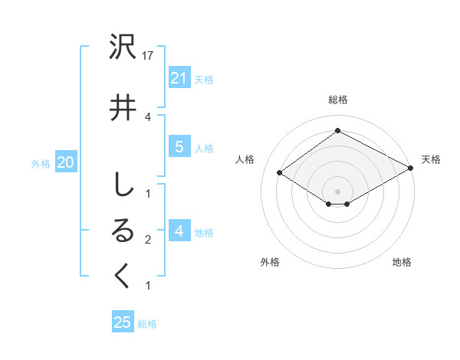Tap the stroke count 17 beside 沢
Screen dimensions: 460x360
pos(149,57)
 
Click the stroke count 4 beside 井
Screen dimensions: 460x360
pos(148,116)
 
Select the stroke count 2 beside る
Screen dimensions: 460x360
pos(148,241)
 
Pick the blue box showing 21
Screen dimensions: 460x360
pos(179,78)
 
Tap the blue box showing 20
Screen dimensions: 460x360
pos(65,162)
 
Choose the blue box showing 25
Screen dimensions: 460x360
pos(123,322)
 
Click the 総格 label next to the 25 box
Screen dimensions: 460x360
pos(147,324)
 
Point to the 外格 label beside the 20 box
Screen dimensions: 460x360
pos(41,163)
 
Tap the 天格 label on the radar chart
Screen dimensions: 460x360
pos(431,159)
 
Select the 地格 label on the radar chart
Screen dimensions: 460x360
pos(402,262)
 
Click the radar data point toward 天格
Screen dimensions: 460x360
pos(411,169)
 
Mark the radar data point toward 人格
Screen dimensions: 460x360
pos(280,173)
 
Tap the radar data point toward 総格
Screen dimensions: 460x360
pos(337,131)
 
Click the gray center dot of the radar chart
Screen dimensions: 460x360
pos(337,191)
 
